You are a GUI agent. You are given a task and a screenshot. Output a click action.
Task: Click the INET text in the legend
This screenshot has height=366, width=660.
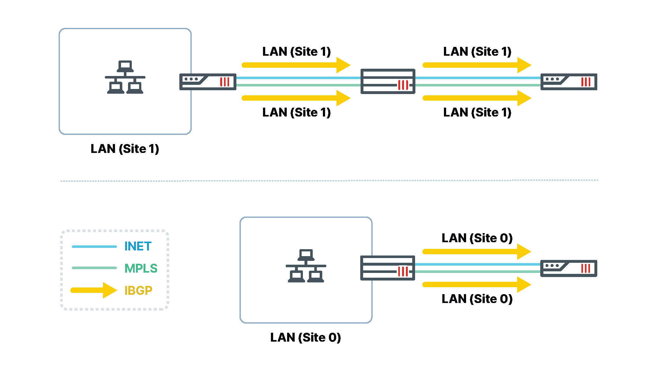(138, 246)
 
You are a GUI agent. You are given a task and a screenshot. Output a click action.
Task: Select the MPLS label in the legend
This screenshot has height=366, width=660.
(141, 268)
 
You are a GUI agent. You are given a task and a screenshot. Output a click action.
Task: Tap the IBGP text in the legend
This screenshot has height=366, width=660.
(138, 290)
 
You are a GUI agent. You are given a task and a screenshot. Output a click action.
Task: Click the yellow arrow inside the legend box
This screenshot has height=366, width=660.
(94, 290)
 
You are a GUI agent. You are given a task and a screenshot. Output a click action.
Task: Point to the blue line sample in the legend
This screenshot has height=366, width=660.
(94, 247)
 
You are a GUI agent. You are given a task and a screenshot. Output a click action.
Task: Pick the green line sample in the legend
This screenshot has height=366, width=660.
(94, 268)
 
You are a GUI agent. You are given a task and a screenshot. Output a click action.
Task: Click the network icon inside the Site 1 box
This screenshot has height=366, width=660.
(125, 77)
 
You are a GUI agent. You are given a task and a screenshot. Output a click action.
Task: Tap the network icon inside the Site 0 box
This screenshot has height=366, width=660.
(306, 266)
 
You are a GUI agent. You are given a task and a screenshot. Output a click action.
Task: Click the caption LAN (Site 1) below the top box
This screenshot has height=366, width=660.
(125, 149)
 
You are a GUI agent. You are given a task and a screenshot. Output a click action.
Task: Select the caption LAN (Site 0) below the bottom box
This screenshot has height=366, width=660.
(305, 338)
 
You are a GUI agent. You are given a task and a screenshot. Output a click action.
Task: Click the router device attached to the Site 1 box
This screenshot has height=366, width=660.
(208, 82)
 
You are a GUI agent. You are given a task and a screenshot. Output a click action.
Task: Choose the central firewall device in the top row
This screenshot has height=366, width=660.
(388, 81)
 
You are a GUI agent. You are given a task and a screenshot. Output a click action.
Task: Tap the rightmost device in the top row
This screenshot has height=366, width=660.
(569, 82)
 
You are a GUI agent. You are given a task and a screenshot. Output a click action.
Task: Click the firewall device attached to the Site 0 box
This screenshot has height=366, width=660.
(388, 268)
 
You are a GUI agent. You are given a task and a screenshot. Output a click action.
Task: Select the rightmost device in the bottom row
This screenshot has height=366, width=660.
(569, 268)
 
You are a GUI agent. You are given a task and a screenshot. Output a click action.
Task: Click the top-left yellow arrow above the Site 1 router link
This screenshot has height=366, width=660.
(296, 65)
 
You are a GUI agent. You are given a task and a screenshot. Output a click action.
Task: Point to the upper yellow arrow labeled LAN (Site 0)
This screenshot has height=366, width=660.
(476, 251)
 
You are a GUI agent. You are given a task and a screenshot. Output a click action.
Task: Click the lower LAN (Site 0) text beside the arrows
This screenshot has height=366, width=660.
(477, 299)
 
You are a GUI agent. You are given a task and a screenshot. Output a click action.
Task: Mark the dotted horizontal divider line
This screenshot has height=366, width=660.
(330, 181)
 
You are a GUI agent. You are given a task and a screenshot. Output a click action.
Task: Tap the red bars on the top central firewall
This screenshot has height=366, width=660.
(403, 85)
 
